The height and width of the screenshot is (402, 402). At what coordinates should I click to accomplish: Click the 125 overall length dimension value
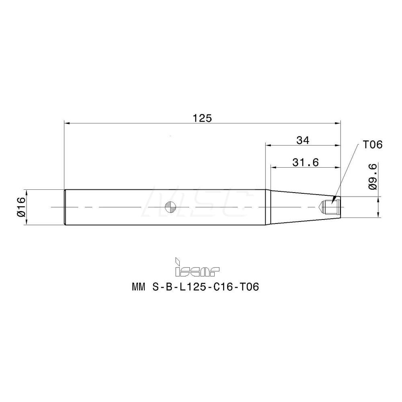202,118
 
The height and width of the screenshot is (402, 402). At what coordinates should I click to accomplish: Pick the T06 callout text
372,145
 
